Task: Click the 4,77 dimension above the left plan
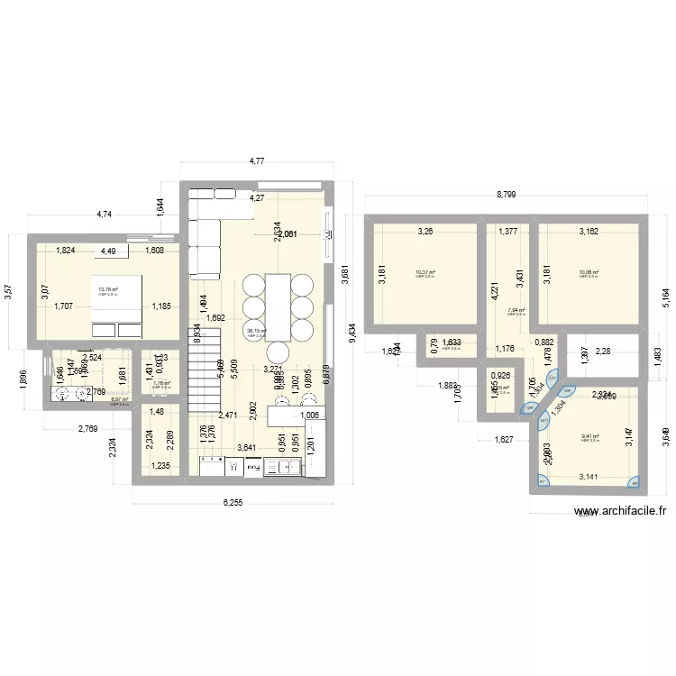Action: click(x=257, y=162)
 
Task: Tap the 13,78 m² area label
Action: click(x=108, y=289)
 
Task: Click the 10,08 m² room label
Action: click(x=588, y=272)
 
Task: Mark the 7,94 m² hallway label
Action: click(x=516, y=310)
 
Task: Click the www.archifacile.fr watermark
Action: click(x=622, y=509)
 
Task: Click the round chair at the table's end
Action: click(x=279, y=351)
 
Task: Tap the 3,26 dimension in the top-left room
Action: click(x=424, y=233)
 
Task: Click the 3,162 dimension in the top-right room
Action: click(x=588, y=233)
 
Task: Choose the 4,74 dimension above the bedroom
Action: click(x=105, y=215)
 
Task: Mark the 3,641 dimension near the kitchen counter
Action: click(x=245, y=447)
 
